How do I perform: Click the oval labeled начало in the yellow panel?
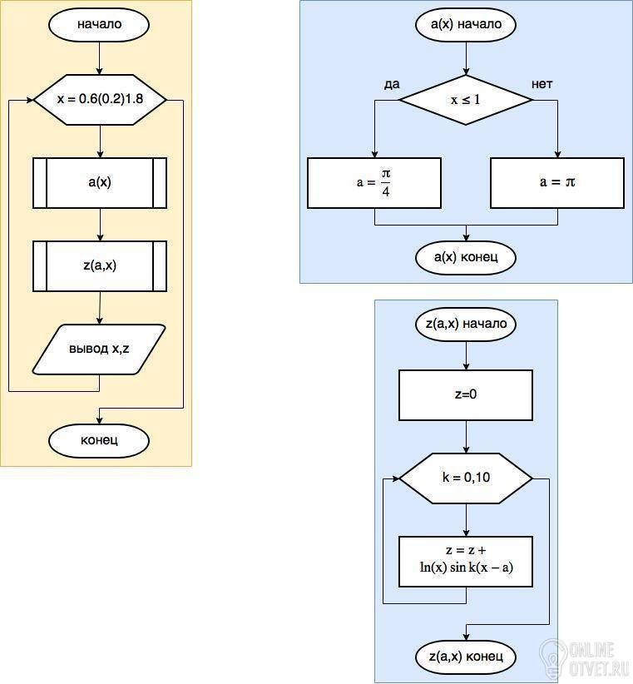[x=99, y=24]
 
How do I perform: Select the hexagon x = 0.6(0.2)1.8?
[x=100, y=100]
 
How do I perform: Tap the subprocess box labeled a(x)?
[x=100, y=183]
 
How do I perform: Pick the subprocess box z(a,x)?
[x=100, y=266]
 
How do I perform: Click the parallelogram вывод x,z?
[x=99, y=349]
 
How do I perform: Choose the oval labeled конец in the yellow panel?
[x=99, y=440]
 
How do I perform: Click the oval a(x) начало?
[x=466, y=24]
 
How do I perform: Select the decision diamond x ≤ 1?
[x=466, y=100]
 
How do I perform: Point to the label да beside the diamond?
[x=392, y=84]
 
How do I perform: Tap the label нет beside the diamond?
[x=542, y=84]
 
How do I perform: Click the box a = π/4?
[x=374, y=183]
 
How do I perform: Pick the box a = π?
[x=557, y=183]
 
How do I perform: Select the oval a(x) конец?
[x=466, y=257]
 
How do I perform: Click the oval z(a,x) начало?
[x=466, y=325]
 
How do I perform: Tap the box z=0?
[x=466, y=395]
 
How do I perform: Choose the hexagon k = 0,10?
[x=466, y=478]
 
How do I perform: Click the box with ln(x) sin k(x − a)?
[x=466, y=562]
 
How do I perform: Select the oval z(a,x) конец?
[x=466, y=657]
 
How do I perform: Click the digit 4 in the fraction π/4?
[x=386, y=191]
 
